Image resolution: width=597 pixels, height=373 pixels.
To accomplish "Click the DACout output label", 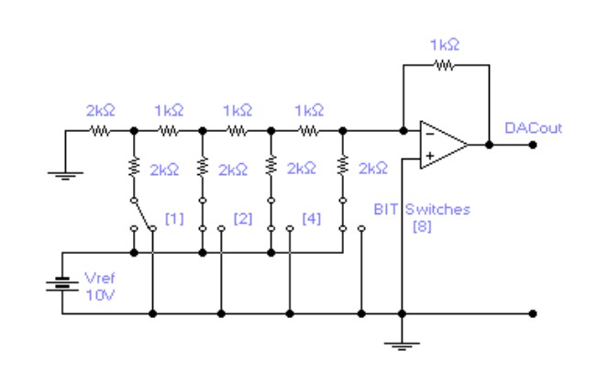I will [x=533, y=128].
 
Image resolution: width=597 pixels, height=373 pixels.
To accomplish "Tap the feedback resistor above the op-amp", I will [x=444, y=65].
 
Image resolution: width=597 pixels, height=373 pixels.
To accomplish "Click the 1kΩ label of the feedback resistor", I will [x=445, y=44].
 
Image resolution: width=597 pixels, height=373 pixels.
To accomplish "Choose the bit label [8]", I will [x=423, y=225].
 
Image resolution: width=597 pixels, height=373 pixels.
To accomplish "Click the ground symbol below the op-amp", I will [x=402, y=346].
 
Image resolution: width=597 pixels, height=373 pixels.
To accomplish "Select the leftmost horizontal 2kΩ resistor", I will [x=100, y=131].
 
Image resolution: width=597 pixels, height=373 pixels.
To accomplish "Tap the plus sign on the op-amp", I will [x=427, y=158].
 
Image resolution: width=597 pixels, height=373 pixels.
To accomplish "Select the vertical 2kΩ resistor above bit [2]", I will [x=202, y=169].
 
